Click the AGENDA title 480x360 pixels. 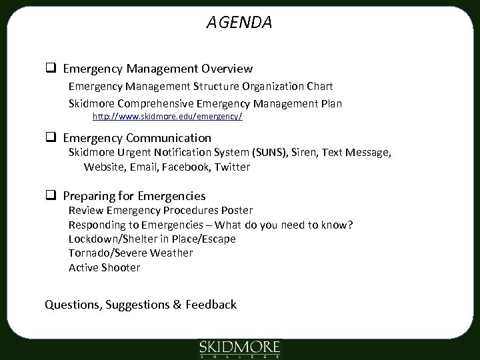239,23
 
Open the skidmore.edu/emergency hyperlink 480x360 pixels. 167,116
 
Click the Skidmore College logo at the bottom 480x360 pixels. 240,348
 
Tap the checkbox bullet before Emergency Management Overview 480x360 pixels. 49,69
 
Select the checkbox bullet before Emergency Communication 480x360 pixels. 49,139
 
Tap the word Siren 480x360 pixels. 305,153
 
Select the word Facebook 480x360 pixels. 187,167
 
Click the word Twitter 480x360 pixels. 233,167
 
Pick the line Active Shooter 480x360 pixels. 105,268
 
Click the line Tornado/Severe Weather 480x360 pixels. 131,253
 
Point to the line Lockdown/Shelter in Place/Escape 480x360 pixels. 152,239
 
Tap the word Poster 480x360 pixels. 237,210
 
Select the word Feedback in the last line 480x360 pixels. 212,305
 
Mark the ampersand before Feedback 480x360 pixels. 177,305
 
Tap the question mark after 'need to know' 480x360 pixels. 350,225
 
